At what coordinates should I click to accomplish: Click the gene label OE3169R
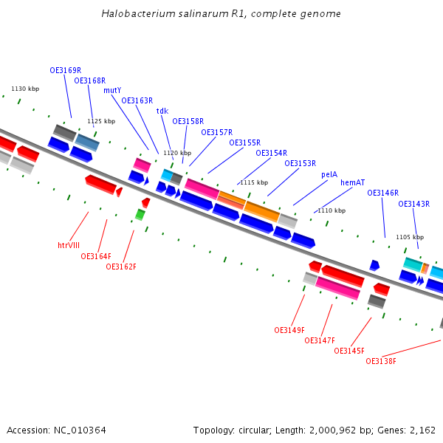(65, 71)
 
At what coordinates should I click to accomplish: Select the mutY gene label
(112, 90)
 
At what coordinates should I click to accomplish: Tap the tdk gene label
(162, 111)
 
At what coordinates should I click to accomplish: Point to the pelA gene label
(329, 174)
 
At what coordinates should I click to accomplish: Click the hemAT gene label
(352, 182)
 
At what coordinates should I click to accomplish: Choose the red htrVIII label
(69, 244)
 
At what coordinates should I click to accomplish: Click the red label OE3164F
(96, 256)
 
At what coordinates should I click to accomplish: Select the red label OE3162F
(121, 267)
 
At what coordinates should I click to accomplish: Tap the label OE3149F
(289, 330)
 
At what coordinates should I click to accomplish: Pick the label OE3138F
(381, 361)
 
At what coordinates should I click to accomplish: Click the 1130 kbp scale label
(25, 89)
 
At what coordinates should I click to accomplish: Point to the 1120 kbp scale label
(177, 153)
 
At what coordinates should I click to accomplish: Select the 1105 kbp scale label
(410, 237)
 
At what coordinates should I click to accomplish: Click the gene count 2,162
(424, 430)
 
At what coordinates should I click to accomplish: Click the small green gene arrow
(140, 215)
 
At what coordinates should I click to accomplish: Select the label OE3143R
(413, 204)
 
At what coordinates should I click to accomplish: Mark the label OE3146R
(382, 193)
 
